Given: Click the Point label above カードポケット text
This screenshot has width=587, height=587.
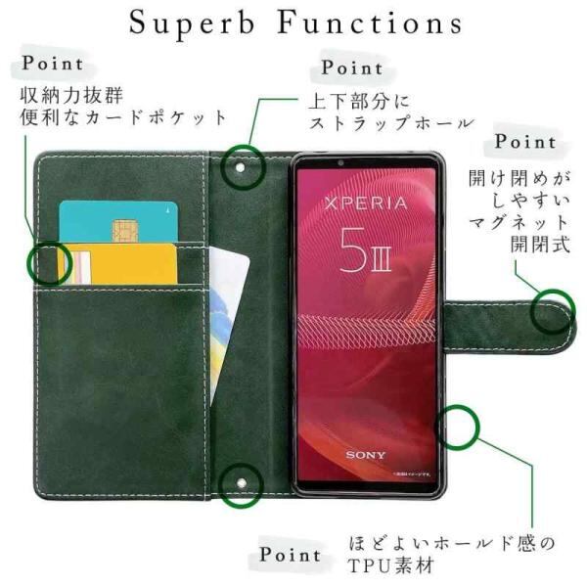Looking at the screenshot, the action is (55, 65).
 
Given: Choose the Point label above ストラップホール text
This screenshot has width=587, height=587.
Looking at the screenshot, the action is (352, 68).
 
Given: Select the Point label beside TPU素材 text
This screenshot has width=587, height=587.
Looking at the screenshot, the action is (291, 554).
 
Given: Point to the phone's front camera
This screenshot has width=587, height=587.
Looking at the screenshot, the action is (341, 162).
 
